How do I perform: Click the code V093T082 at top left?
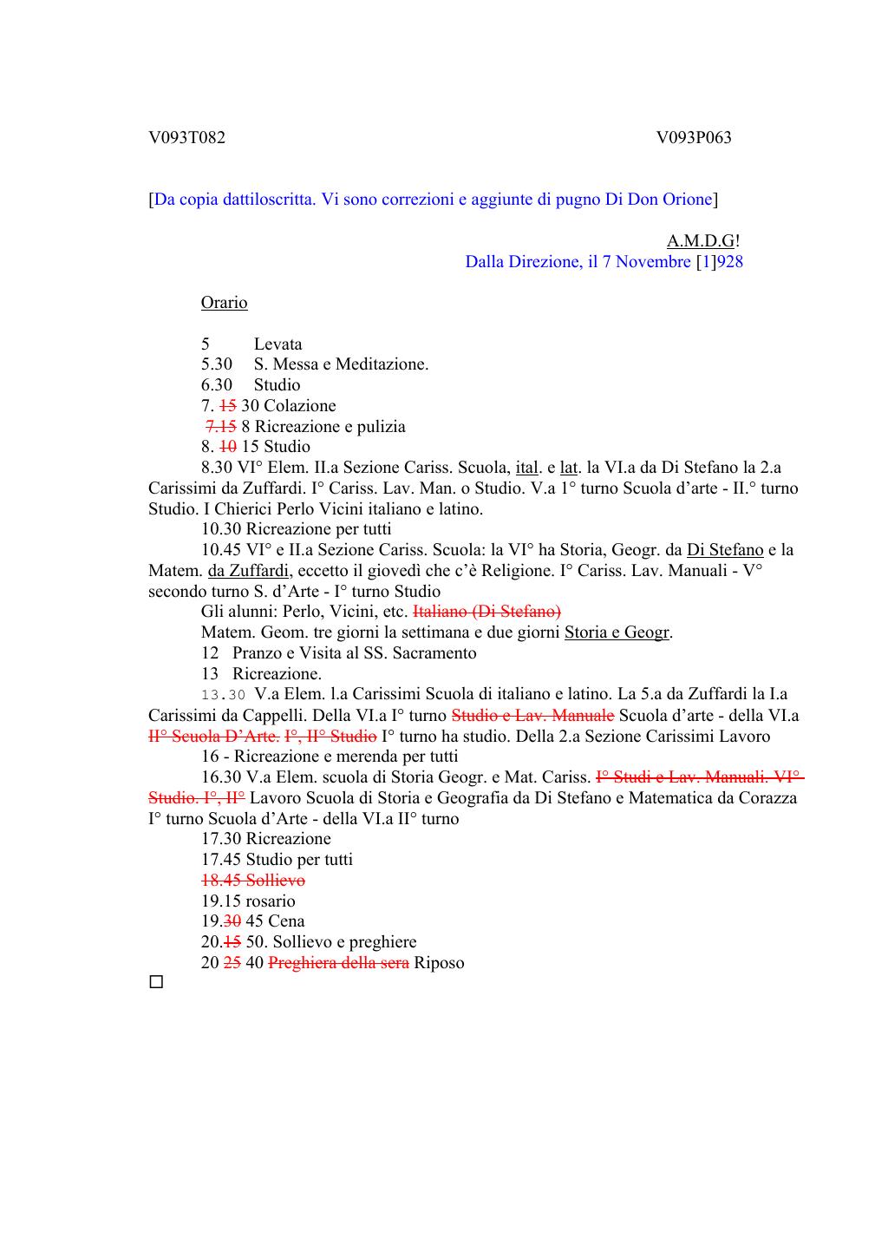pyautogui.click(x=186, y=137)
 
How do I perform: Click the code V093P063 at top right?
pyautogui.click(x=694, y=137)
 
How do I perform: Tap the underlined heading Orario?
pyautogui.click(x=224, y=303)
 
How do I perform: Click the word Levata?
pyautogui.click(x=277, y=344)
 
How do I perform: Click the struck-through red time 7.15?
pyautogui.click(x=221, y=427)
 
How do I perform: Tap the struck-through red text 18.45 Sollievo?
pyautogui.click(x=252, y=881)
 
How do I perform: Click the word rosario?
pyautogui.click(x=271, y=901)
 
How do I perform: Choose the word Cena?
pyautogui.click(x=286, y=921)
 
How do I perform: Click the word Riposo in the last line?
pyautogui.click(x=439, y=963)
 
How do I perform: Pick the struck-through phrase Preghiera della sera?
pyautogui.click(x=338, y=963)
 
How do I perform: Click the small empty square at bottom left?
pyautogui.click(x=156, y=983)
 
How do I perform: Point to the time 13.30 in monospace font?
pyautogui.click(x=224, y=695)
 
